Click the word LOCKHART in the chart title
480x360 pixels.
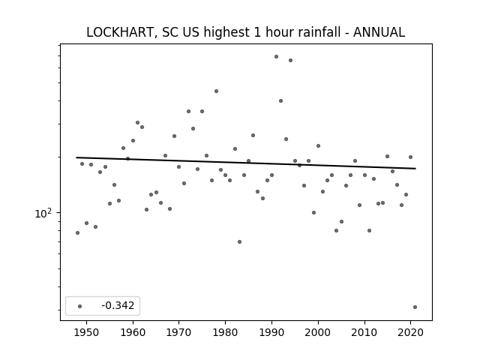[x=119, y=32]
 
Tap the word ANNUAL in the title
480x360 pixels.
[x=379, y=32]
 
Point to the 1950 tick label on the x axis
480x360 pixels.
[x=87, y=332]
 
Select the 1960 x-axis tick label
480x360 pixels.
[x=133, y=332]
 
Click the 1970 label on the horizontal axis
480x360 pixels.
[x=178, y=332]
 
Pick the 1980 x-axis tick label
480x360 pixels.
[x=225, y=332]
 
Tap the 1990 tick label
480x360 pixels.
[x=271, y=332]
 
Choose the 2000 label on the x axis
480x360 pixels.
[x=318, y=332]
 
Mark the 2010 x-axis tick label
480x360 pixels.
[x=364, y=332]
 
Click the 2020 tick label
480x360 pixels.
[x=410, y=332]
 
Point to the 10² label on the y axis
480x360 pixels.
[x=43, y=213]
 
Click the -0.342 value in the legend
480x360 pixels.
[x=118, y=305]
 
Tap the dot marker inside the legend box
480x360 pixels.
[x=80, y=306]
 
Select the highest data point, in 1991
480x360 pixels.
[x=276, y=57]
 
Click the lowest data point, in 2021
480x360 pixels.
[x=415, y=307]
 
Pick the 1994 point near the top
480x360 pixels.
[x=290, y=60]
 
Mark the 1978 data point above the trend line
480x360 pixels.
[x=216, y=91]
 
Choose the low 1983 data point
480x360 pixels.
[x=239, y=241]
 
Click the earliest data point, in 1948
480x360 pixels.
[x=77, y=233]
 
